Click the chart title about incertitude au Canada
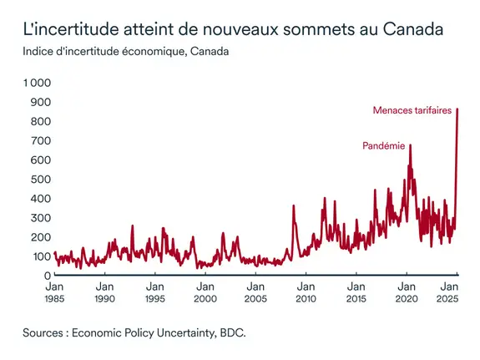(x=232, y=30)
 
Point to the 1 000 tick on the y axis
(x=37, y=83)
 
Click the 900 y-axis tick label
(x=41, y=102)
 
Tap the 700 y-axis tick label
(x=41, y=140)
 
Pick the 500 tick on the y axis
(x=41, y=179)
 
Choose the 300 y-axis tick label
(x=41, y=217)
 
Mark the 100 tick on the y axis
(x=41, y=256)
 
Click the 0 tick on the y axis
(x=48, y=275)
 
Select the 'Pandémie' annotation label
(x=383, y=145)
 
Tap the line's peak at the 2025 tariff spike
(x=457, y=109)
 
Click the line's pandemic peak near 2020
(x=410, y=146)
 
